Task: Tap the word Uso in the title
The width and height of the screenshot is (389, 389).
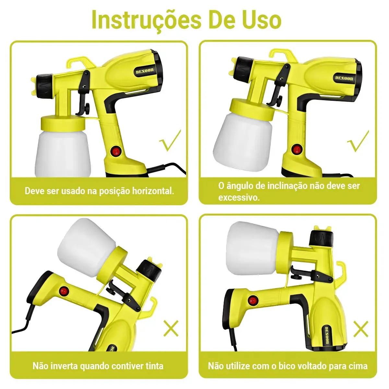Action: (263, 19)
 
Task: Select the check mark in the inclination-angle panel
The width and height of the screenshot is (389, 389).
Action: (358, 141)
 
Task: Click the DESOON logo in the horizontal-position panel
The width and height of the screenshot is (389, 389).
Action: (145, 71)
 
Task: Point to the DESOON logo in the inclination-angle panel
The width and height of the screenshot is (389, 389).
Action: (344, 78)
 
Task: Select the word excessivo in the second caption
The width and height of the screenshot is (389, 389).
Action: (239, 197)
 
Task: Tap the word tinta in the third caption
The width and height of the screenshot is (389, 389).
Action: (154, 366)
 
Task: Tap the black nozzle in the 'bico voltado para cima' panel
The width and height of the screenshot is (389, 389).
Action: (321, 238)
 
